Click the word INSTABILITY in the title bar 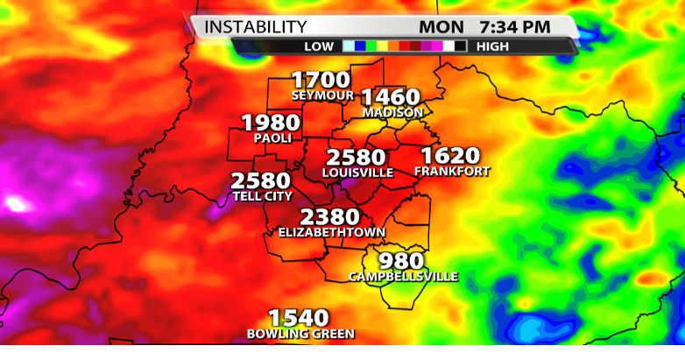pyautogui.click(x=256, y=27)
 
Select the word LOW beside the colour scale pyautogui.click(x=320, y=46)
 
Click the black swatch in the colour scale pyautogui.click(x=460, y=46)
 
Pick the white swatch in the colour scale pyautogui.click(x=448, y=46)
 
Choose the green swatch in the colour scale pyautogui.click(x=371, y=46)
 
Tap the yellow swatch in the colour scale pyautogui.click(x=383, y=46)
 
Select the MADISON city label pyautogui.click(x=393, y=113)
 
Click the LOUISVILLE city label pyautogui.click(x=357, y=173)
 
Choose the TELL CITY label pyautogui.click(x=262, y=196)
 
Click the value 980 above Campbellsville pyautogui.click(x=401, y=261)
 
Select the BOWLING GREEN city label pyautogui.click(x=300, y=334)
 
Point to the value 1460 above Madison pyautogui.click(x=391, y=97)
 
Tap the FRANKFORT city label pyautogui.click(x=452, y=172)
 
